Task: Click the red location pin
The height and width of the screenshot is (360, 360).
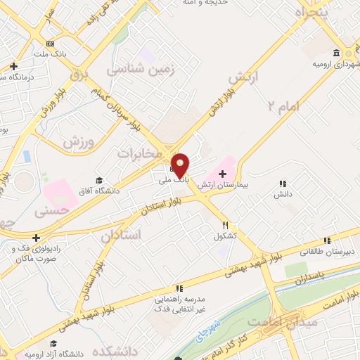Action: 181,165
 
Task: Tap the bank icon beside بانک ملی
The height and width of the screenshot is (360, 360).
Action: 173,169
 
